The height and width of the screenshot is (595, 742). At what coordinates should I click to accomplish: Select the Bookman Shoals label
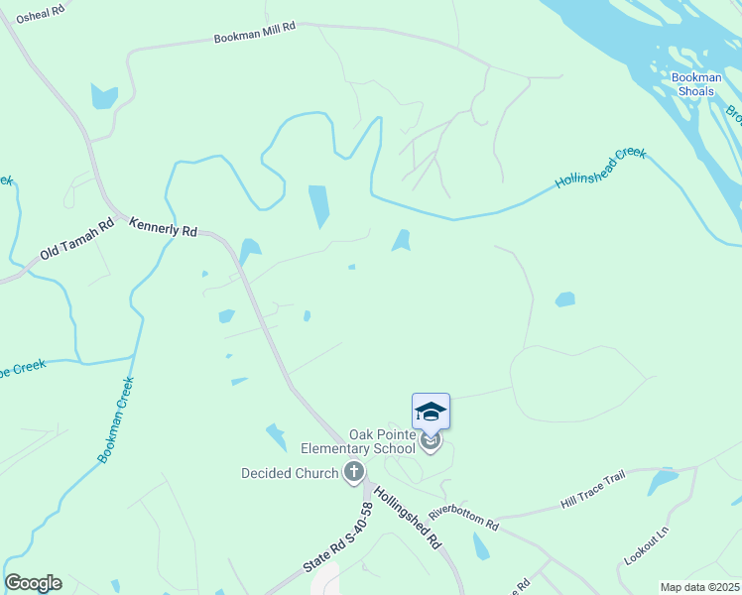pos(692,84)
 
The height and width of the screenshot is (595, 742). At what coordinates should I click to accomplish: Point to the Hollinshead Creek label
pos(601,168)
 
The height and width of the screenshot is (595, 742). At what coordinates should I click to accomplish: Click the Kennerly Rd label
pos(164,228)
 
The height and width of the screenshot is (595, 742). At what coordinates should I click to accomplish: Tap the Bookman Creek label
pos(116,419)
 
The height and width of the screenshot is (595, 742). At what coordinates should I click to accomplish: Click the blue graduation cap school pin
pos(431,411)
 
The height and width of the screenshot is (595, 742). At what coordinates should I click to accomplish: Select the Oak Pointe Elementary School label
pos(382,442)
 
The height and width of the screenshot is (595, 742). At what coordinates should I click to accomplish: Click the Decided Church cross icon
pos(354,473)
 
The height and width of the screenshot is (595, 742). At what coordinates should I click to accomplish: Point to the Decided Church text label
pos(290,473)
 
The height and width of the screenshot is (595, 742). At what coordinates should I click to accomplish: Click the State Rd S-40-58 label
pos(338,536)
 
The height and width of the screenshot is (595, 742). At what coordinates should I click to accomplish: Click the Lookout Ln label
pos(647,545)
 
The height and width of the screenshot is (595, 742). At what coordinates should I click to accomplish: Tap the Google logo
pos(33,583)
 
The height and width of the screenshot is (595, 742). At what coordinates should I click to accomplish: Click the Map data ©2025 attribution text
pos(698,587)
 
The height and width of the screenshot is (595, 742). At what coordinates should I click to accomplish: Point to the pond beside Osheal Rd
pos(104,96)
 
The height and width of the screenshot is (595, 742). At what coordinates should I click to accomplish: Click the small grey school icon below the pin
pos(430,442)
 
